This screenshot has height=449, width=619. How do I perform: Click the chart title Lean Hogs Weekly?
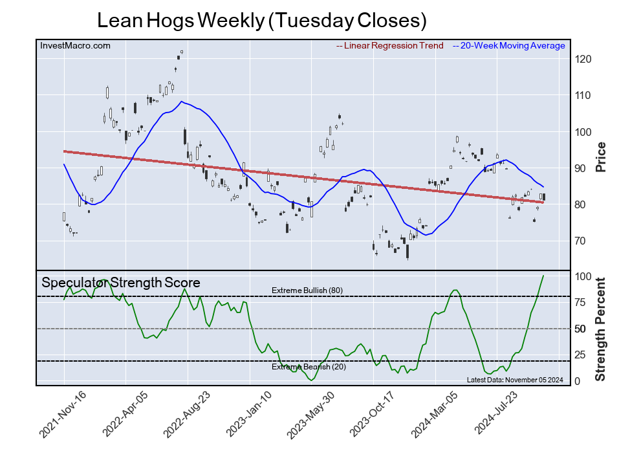(261, 20)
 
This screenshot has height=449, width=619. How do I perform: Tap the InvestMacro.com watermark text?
(75, 46)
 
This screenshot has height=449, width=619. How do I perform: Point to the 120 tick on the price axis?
(584, 60)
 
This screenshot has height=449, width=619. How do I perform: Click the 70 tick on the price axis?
(581, 241)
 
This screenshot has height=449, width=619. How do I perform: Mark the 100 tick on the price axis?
(584, 132)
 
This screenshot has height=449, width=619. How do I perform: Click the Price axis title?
(600, 157)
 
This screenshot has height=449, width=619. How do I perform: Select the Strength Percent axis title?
(600, 329)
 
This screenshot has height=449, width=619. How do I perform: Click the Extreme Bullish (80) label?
(307, 290)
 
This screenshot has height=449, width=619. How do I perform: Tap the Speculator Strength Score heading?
(121, 283)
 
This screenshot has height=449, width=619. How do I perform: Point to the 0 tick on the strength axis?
(577, 381)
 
